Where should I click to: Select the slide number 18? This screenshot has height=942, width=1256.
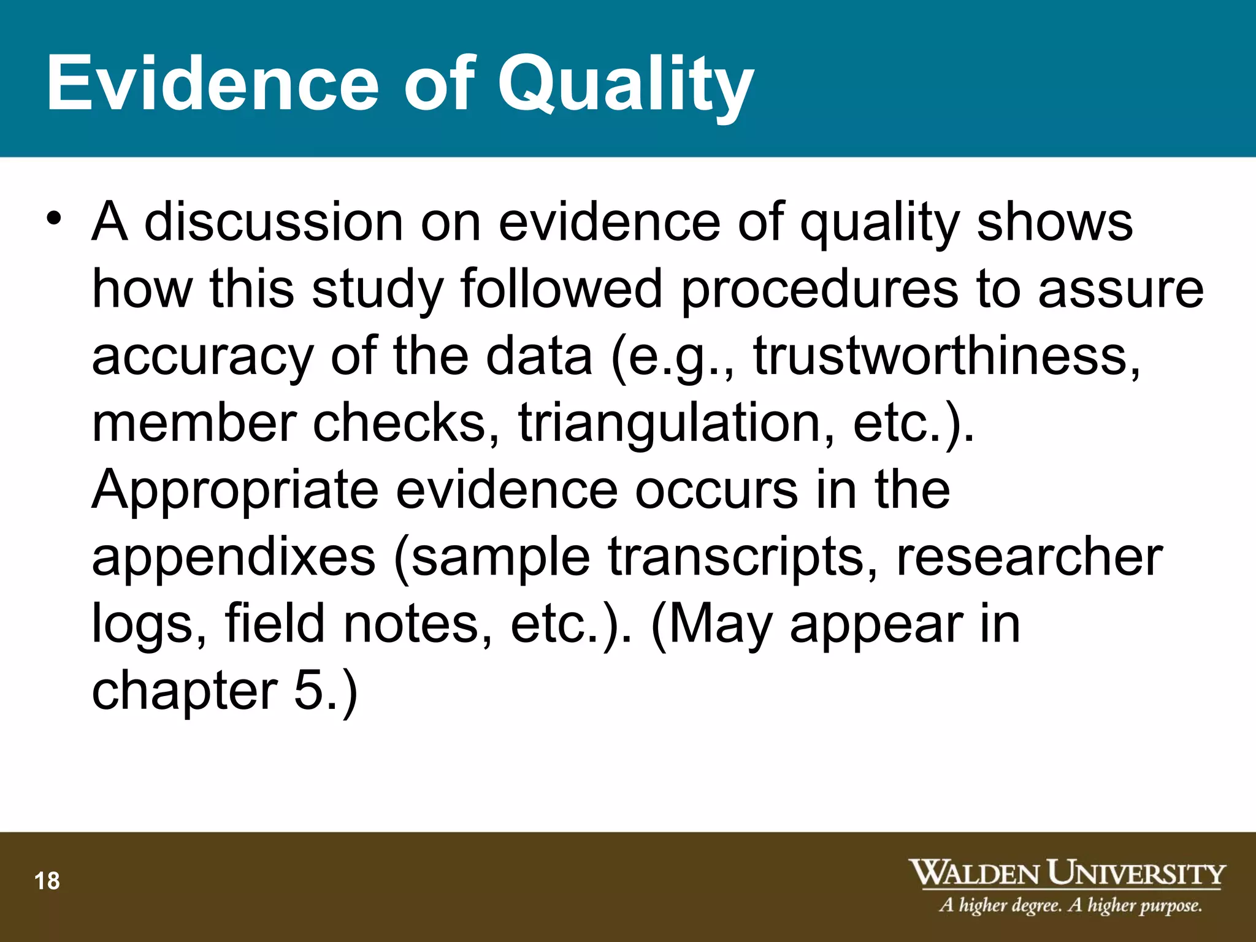pos(47,881)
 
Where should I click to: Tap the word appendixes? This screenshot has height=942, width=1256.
pos(234,557)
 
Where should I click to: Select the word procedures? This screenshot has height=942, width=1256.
pos(819,289)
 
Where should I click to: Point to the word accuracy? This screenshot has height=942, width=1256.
pos(202,358)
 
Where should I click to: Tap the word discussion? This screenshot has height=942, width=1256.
pos(274,222)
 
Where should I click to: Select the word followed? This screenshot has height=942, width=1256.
pos(561,289)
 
